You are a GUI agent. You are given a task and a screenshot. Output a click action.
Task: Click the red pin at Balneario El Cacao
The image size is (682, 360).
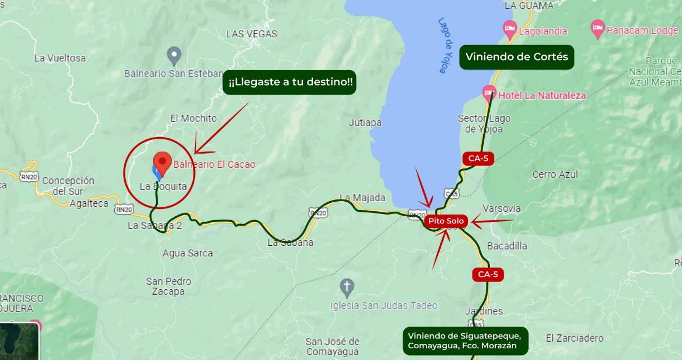click(162, 163)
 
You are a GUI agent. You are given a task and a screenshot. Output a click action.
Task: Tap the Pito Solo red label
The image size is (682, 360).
click(446, 221)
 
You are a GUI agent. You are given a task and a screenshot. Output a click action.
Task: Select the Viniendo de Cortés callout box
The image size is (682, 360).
click(517, 57)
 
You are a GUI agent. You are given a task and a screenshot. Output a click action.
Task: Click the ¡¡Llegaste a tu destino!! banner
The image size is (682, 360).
click(289, 82)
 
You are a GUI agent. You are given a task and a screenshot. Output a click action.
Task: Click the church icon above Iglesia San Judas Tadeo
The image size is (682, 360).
click(347, 288)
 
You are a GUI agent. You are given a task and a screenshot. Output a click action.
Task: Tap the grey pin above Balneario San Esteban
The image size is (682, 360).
click(174, 55)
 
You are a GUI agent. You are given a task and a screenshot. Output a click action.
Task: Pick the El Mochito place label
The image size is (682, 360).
click(193, 118)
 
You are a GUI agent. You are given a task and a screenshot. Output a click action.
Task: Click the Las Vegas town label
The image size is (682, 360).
click(251, 34)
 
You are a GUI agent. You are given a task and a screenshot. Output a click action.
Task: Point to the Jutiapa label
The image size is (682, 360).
click(365, 123)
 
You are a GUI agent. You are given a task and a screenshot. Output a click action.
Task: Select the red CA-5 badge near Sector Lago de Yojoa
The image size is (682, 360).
click(478, 158)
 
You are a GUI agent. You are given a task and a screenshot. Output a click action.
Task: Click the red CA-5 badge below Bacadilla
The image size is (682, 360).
click(488, 274)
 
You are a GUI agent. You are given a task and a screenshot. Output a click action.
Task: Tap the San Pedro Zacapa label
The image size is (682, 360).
click(169, 286)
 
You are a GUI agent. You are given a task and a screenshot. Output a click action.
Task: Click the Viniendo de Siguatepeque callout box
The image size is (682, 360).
click(465, 340)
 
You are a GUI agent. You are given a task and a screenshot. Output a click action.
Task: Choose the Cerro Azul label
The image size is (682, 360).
click(555, 174)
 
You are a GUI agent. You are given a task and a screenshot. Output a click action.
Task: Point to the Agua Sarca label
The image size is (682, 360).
click(187, 253)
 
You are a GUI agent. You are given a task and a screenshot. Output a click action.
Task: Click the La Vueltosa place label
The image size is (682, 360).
click(60, 58)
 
